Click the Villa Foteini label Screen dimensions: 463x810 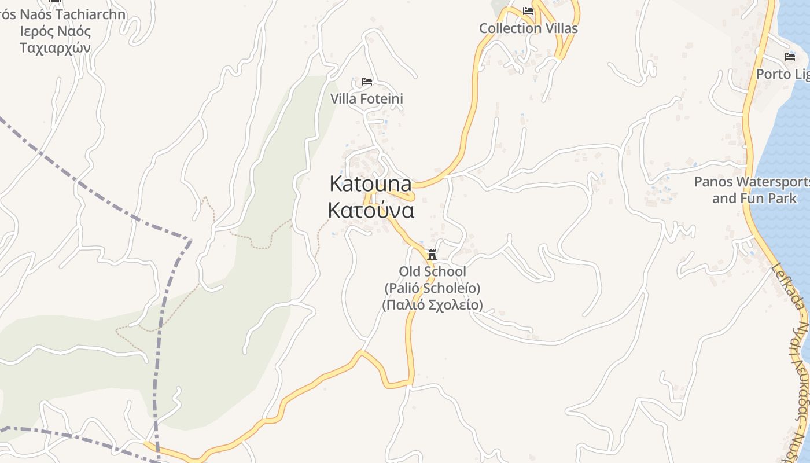366,99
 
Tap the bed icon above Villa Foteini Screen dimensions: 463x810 366,82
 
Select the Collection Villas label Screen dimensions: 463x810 528,28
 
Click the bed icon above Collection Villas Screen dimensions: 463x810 528,11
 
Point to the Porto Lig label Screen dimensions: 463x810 782,75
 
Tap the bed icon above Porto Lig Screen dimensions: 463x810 789,57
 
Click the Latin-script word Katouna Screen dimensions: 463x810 370,184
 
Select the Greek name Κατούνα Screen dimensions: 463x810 371,211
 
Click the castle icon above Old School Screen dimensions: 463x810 432,254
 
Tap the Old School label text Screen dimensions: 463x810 432,271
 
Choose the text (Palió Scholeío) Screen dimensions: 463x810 432,288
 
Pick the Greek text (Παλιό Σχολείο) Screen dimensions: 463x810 432,305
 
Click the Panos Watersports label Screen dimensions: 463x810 752,182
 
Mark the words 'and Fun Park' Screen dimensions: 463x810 754,199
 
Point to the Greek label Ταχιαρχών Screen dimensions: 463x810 55,48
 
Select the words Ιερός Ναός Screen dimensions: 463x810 55,31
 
